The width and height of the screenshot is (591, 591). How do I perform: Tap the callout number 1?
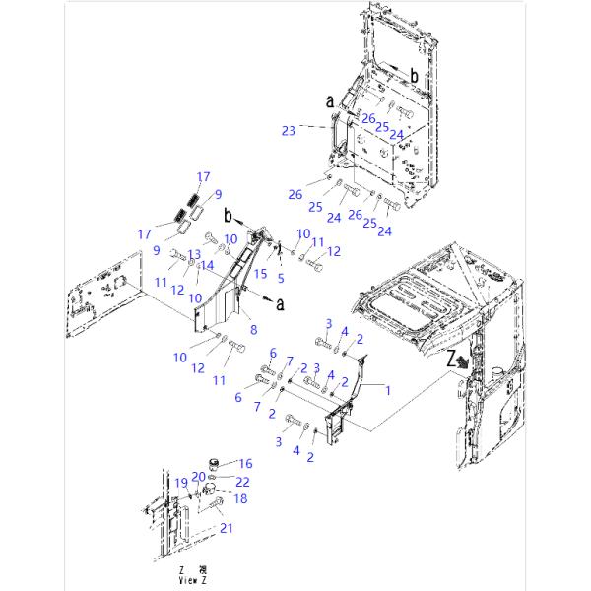click(388, 390)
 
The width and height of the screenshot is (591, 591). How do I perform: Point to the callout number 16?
click(246, 462)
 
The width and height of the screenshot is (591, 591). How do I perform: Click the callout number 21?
click(228, 530)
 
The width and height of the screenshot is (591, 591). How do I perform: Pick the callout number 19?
click(181, 483)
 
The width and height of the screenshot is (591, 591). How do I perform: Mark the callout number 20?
click(198, 477)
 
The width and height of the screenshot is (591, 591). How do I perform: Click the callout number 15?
click(262, 272)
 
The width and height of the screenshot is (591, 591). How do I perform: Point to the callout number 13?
click(194, 253)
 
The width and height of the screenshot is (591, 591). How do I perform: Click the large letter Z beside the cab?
click(452, 361)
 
